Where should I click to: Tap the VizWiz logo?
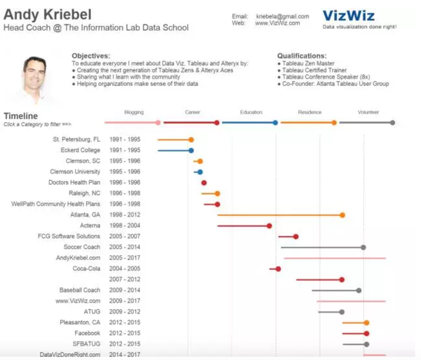[x=348, y=16]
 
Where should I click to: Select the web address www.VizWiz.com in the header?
[x=277, y=23]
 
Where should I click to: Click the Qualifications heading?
[x=302, y=56]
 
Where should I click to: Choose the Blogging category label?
[x=134, y=112]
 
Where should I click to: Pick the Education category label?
[x=251, y=112]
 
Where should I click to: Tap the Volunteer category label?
[x=368, y=112]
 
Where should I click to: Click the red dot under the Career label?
[x=217, y=122]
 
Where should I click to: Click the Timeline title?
[x=20, y=116]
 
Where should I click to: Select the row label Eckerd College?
[x=80, y=150]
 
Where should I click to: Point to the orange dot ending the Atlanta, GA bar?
[x=342, y=215]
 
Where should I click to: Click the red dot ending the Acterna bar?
[x=270, y=225]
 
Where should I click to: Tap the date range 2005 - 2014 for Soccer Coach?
[x=125, y=247]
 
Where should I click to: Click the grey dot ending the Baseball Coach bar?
[x=359, y=290]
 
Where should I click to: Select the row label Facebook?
[x=87, y=333]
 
